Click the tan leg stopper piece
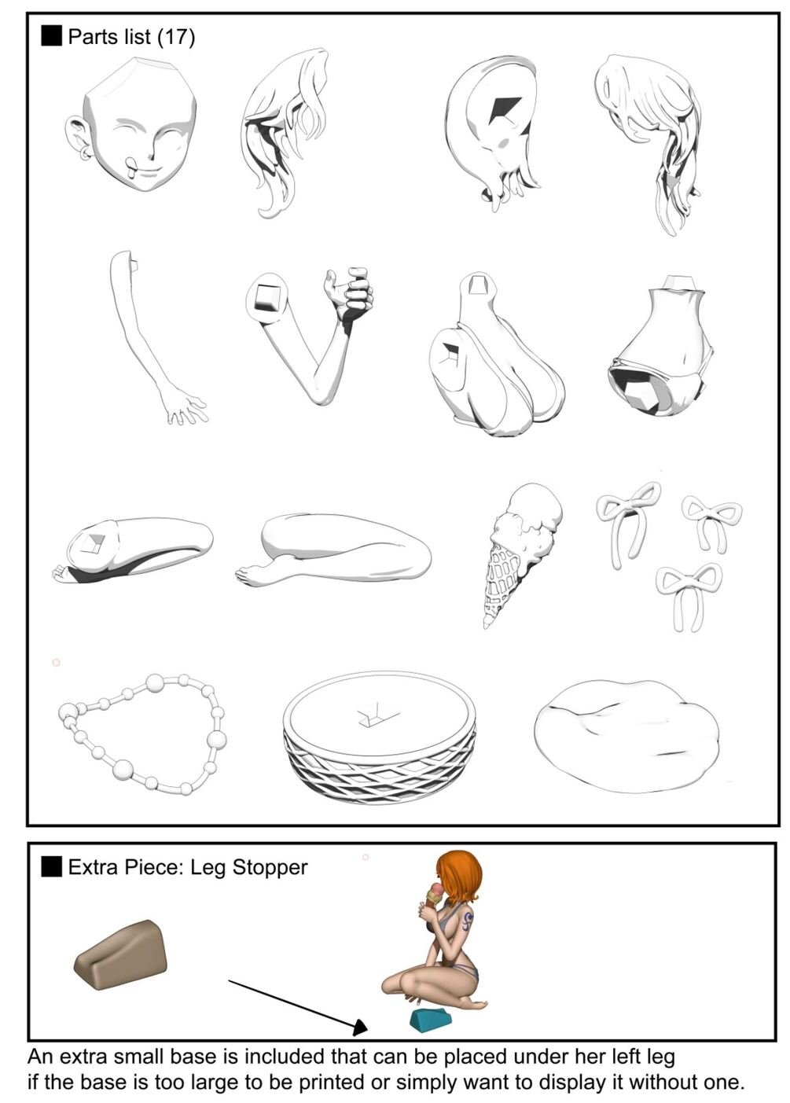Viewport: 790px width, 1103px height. tap(120, 950)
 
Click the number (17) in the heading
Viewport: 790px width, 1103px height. tap(176, 37)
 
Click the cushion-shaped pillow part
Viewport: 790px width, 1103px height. tap(626, 736)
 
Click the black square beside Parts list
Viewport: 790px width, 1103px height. tap(51, 37)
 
